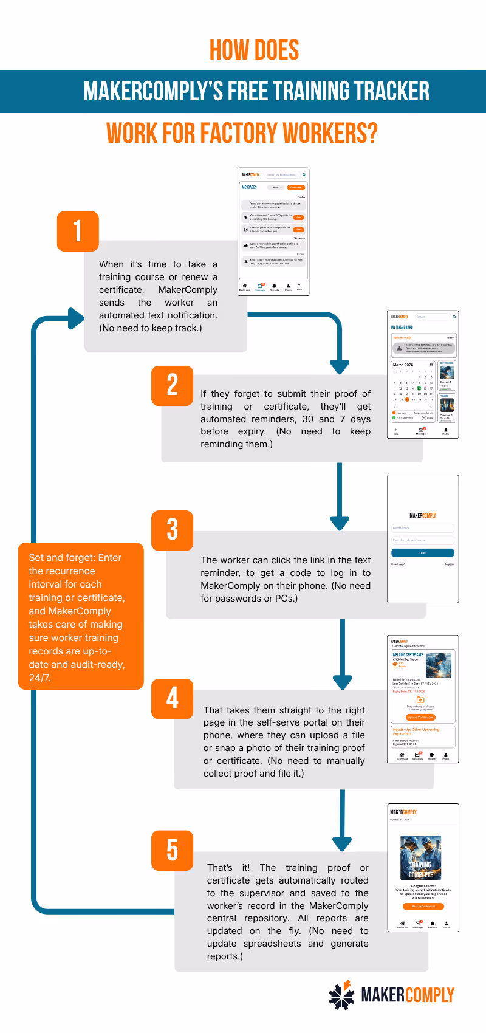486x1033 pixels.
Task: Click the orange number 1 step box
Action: tap(78, 231)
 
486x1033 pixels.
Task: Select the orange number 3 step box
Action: tap(173, 530)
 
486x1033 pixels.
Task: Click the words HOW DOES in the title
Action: tap(254, 50)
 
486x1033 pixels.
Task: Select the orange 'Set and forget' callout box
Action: tap(81, 616)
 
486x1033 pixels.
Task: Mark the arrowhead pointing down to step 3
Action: tap(340, 523)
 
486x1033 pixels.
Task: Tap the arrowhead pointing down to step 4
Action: tap(343, 682)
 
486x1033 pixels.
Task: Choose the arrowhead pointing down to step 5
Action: tap(343, 843)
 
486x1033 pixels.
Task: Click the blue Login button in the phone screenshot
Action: tap(423, 553)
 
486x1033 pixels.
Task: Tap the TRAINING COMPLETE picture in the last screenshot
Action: tap(421, 857)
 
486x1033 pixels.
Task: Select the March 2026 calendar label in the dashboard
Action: tap(403, 365)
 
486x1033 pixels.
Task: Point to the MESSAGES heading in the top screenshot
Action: tap(250, 187)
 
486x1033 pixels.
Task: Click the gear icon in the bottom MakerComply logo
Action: tap(342, 995)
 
